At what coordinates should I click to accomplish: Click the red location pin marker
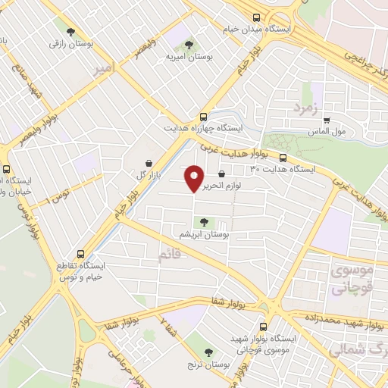click(194, 178)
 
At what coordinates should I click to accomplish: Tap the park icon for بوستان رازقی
click(70, 33)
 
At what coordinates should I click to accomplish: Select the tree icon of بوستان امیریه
click(188, 42)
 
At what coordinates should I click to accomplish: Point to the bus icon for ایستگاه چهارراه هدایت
click(203, 117)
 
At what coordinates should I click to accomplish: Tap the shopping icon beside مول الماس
click(327, 119)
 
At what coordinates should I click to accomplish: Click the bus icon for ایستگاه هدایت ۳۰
click(283, 158)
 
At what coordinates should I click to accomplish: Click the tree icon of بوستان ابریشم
click(202, 222)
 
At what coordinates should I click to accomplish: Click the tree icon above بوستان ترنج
click(209, 352)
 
